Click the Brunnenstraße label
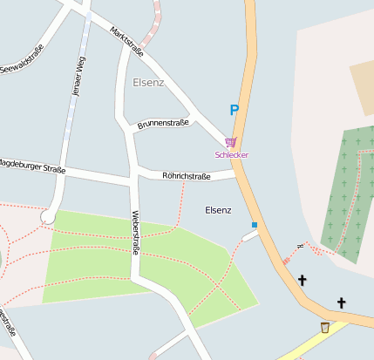click(162, 124)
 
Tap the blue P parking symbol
click(234, 111)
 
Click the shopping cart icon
click(230, 142)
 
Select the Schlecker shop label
click(232, 154)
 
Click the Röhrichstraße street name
click(187, 176)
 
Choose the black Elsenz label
click(218, 210)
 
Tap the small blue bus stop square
click(255, 225)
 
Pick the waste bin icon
click(325, 327)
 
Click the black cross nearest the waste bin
click(342, 302)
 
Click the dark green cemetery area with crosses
click(349, 192)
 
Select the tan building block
click(362, 87)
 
